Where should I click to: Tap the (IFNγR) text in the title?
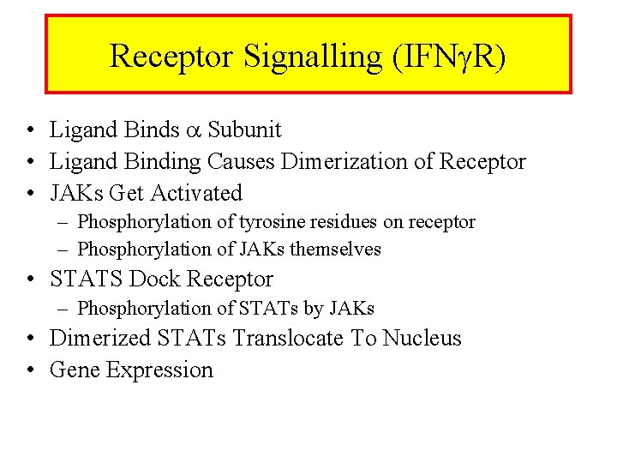[449, 57]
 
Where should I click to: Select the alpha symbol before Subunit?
[194, 130]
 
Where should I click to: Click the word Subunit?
[244, 129]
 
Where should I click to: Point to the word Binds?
[151, 129]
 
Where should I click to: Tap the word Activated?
[196, 193]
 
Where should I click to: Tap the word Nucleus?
[422, 338]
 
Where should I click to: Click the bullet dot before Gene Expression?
[30, 370]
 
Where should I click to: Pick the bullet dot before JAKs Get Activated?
[30, 194]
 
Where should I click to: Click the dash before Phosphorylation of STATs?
[66, 309]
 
